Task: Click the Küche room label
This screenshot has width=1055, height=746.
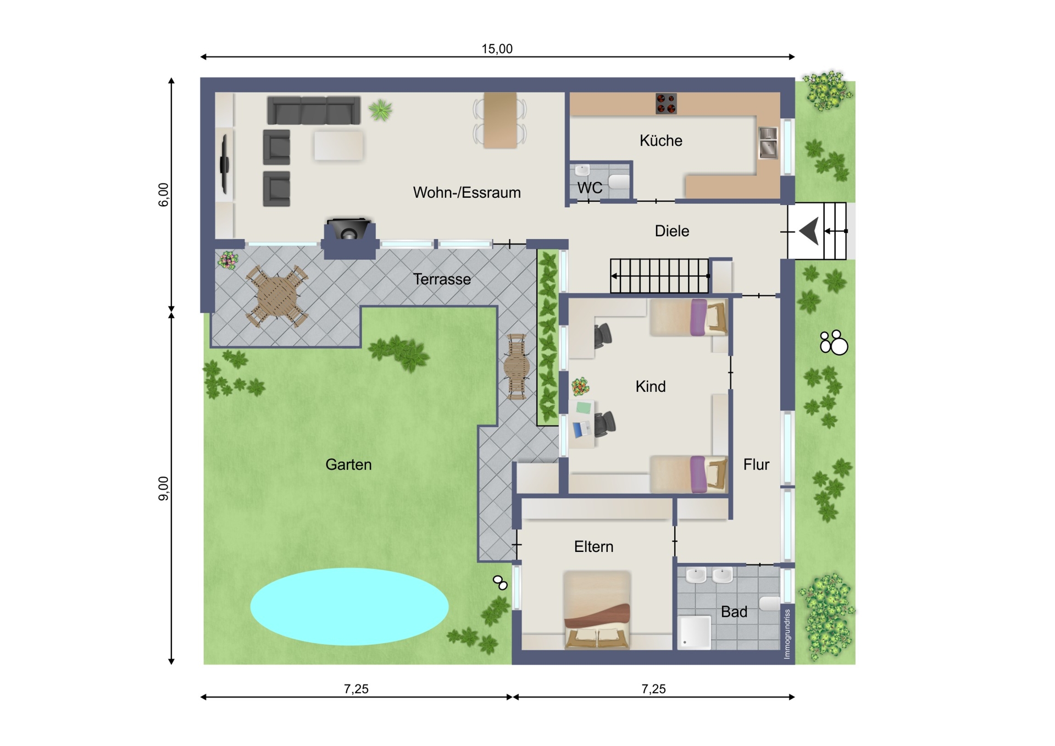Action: coord(660,141)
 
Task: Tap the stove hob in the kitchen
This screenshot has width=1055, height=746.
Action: coord(666,103)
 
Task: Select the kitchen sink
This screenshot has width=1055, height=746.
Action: coord(768,142)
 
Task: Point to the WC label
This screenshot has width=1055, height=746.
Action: coord(590,188)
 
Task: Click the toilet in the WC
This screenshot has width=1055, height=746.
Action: coord(619,182)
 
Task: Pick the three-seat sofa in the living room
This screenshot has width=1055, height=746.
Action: coord(314,110)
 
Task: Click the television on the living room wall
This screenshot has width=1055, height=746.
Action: coord(224,164)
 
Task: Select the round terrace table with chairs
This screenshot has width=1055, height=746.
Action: coord(277,296)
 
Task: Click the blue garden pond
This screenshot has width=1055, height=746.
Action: coord(349,606)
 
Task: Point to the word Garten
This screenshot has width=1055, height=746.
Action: coord(348,465)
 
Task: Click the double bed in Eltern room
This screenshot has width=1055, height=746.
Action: coord(597,610)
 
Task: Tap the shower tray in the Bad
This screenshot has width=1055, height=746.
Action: coord(695,633)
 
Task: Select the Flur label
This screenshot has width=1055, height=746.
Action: coord(756,465)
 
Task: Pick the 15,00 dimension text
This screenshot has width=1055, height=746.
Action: coord(497,48)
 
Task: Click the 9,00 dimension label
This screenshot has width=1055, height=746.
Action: coord(163,488)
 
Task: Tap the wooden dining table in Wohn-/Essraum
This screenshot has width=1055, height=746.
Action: coord(500,120)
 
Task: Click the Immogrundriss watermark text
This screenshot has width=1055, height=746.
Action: coord(787,634)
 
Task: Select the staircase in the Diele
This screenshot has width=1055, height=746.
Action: coord(660,276)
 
